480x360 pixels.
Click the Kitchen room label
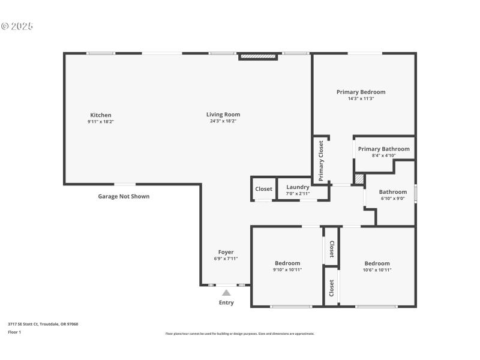click(100, 115)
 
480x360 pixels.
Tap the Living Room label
click(223, 115)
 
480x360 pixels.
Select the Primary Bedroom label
click(361, 92)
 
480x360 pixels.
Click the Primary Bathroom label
click(383, 149)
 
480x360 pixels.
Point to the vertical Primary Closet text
click(321, 161)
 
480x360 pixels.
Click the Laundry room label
click(298, 187)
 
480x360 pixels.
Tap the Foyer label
click(226, 252)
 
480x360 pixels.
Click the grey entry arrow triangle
click(226, 292)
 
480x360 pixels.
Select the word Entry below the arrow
click(226, 302)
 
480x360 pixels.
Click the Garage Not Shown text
click(124, 196)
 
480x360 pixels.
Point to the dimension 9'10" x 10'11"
click(287, 270)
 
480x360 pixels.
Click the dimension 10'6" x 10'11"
click(377, 270)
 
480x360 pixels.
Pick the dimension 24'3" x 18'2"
click(223, 121)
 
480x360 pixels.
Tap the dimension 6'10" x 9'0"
click(393, 198)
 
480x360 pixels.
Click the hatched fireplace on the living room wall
click(258, 57)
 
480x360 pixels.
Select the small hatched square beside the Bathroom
click(359, 179)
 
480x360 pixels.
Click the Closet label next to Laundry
click(263, 189)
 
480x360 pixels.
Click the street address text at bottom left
click(43, 324)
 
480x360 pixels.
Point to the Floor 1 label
click(14, 332)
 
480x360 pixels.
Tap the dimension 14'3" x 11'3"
click(361, 98)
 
